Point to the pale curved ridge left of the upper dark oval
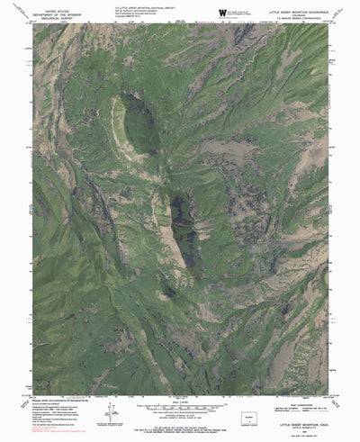[x=118, y=122]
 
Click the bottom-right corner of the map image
[x=328, y=369]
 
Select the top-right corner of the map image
[x=328, y=23]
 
